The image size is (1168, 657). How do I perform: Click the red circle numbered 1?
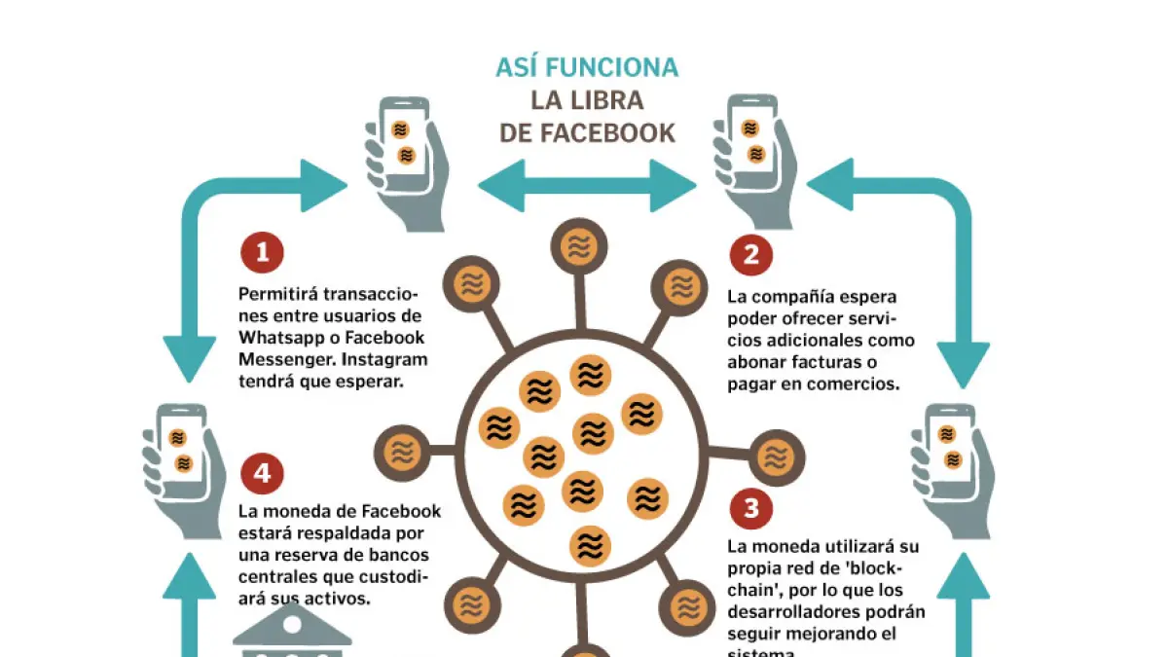[x=262, y=253]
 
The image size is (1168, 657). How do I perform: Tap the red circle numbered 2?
[x=750, y=255]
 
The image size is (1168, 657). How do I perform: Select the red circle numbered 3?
[x=750, y=507]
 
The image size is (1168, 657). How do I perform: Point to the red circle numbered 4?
[x=262, y=474]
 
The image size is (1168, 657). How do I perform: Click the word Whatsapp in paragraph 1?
[x=281, y=338]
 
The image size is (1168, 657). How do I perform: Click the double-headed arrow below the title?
[x=587, y=185]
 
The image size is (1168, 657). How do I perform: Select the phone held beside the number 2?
[x=751, y=141]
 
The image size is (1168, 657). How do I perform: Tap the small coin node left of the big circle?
[x=402, y=451]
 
